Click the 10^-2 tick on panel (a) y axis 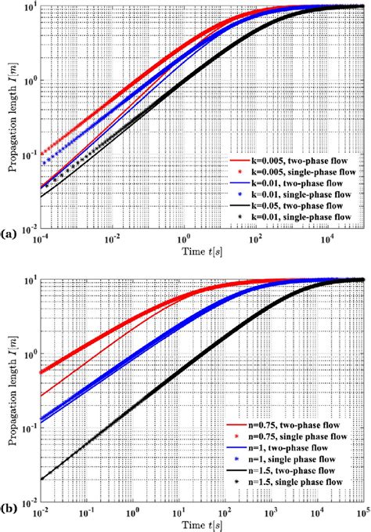coord(27,228)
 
